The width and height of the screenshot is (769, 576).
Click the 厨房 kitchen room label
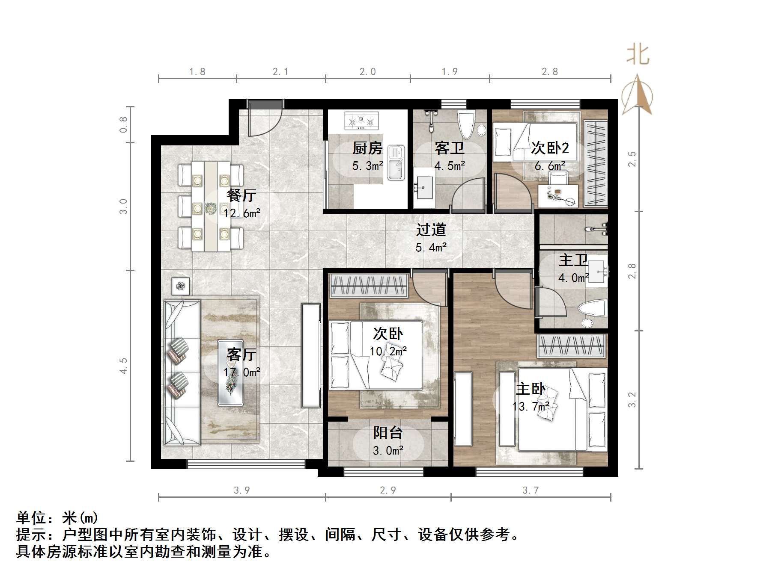coord(367,148)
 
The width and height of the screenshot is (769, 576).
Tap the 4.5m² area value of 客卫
coord(450,166)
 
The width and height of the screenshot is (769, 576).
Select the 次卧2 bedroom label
coord(550,148)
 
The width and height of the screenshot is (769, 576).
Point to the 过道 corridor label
coord(431,230)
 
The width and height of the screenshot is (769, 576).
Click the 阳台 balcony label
coord(388,433)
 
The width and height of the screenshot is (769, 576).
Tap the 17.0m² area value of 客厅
coord(242,372)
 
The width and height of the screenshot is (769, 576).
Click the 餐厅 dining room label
coord(242,195)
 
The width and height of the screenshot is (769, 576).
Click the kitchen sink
coord(396,163)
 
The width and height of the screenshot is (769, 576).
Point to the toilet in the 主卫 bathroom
coord(592,310)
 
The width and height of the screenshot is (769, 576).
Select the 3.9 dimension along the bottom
coord(242,490)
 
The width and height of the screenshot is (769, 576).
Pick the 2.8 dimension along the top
coord(550,72)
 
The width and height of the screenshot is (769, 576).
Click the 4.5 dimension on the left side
coord(124,366)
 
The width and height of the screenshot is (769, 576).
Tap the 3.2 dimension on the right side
coord(632,400)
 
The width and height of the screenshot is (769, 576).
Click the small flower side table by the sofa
coord(181,286)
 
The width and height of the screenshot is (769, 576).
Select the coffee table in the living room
coord(231,372)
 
